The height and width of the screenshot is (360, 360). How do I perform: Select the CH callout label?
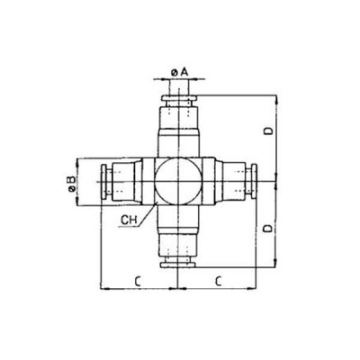(x=130, y=218)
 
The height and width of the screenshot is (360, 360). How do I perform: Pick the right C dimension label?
(x=219, y=280)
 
